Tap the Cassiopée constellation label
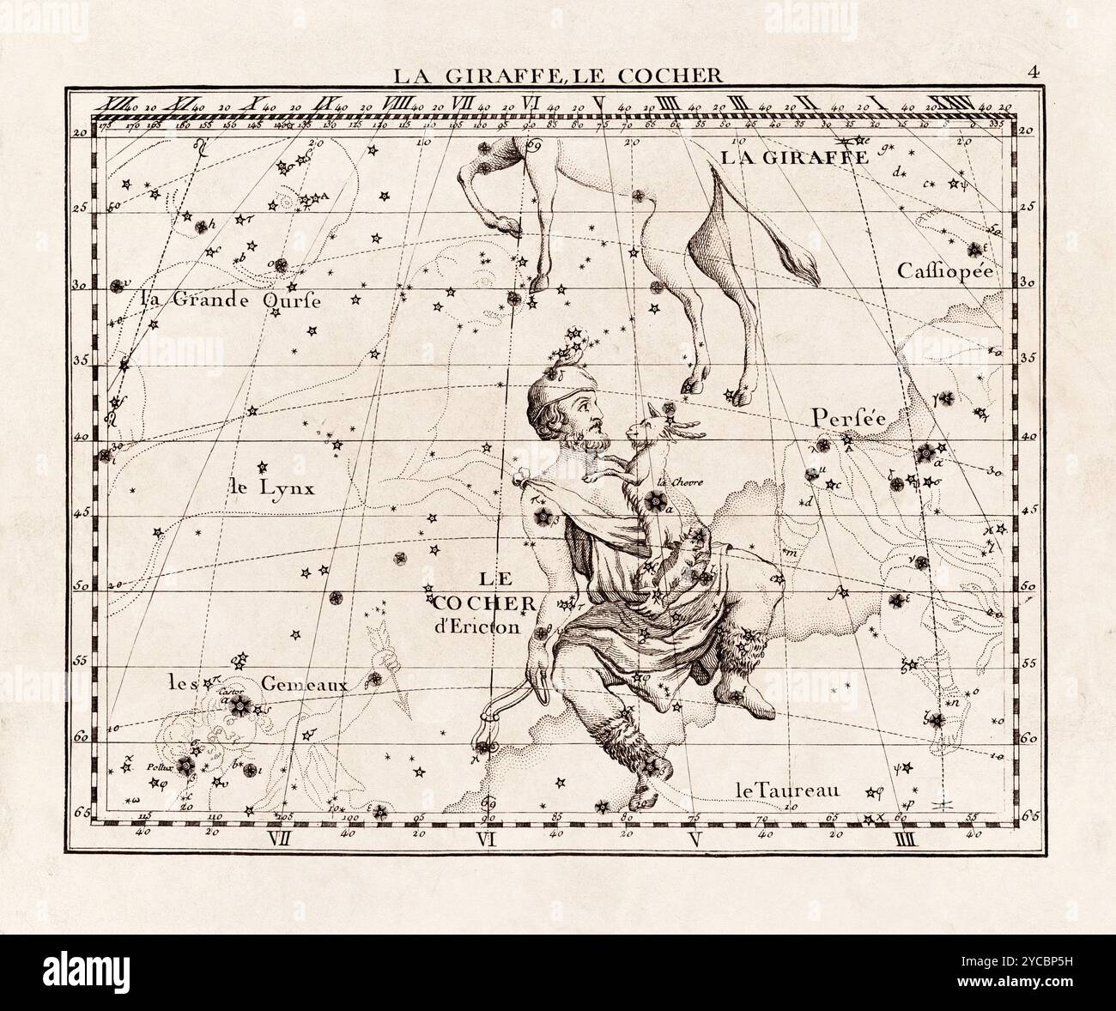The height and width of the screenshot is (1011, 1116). (x=944, y=271)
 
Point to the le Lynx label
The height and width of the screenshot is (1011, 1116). (x=273, y=488)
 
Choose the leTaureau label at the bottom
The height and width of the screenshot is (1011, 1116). (x=786, y=790)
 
